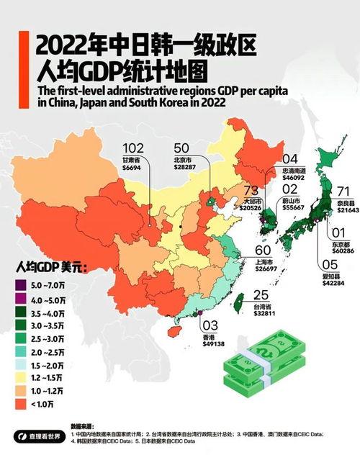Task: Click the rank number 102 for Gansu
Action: [x=134, y=148]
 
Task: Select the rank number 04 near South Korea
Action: [x=289, y=159]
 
